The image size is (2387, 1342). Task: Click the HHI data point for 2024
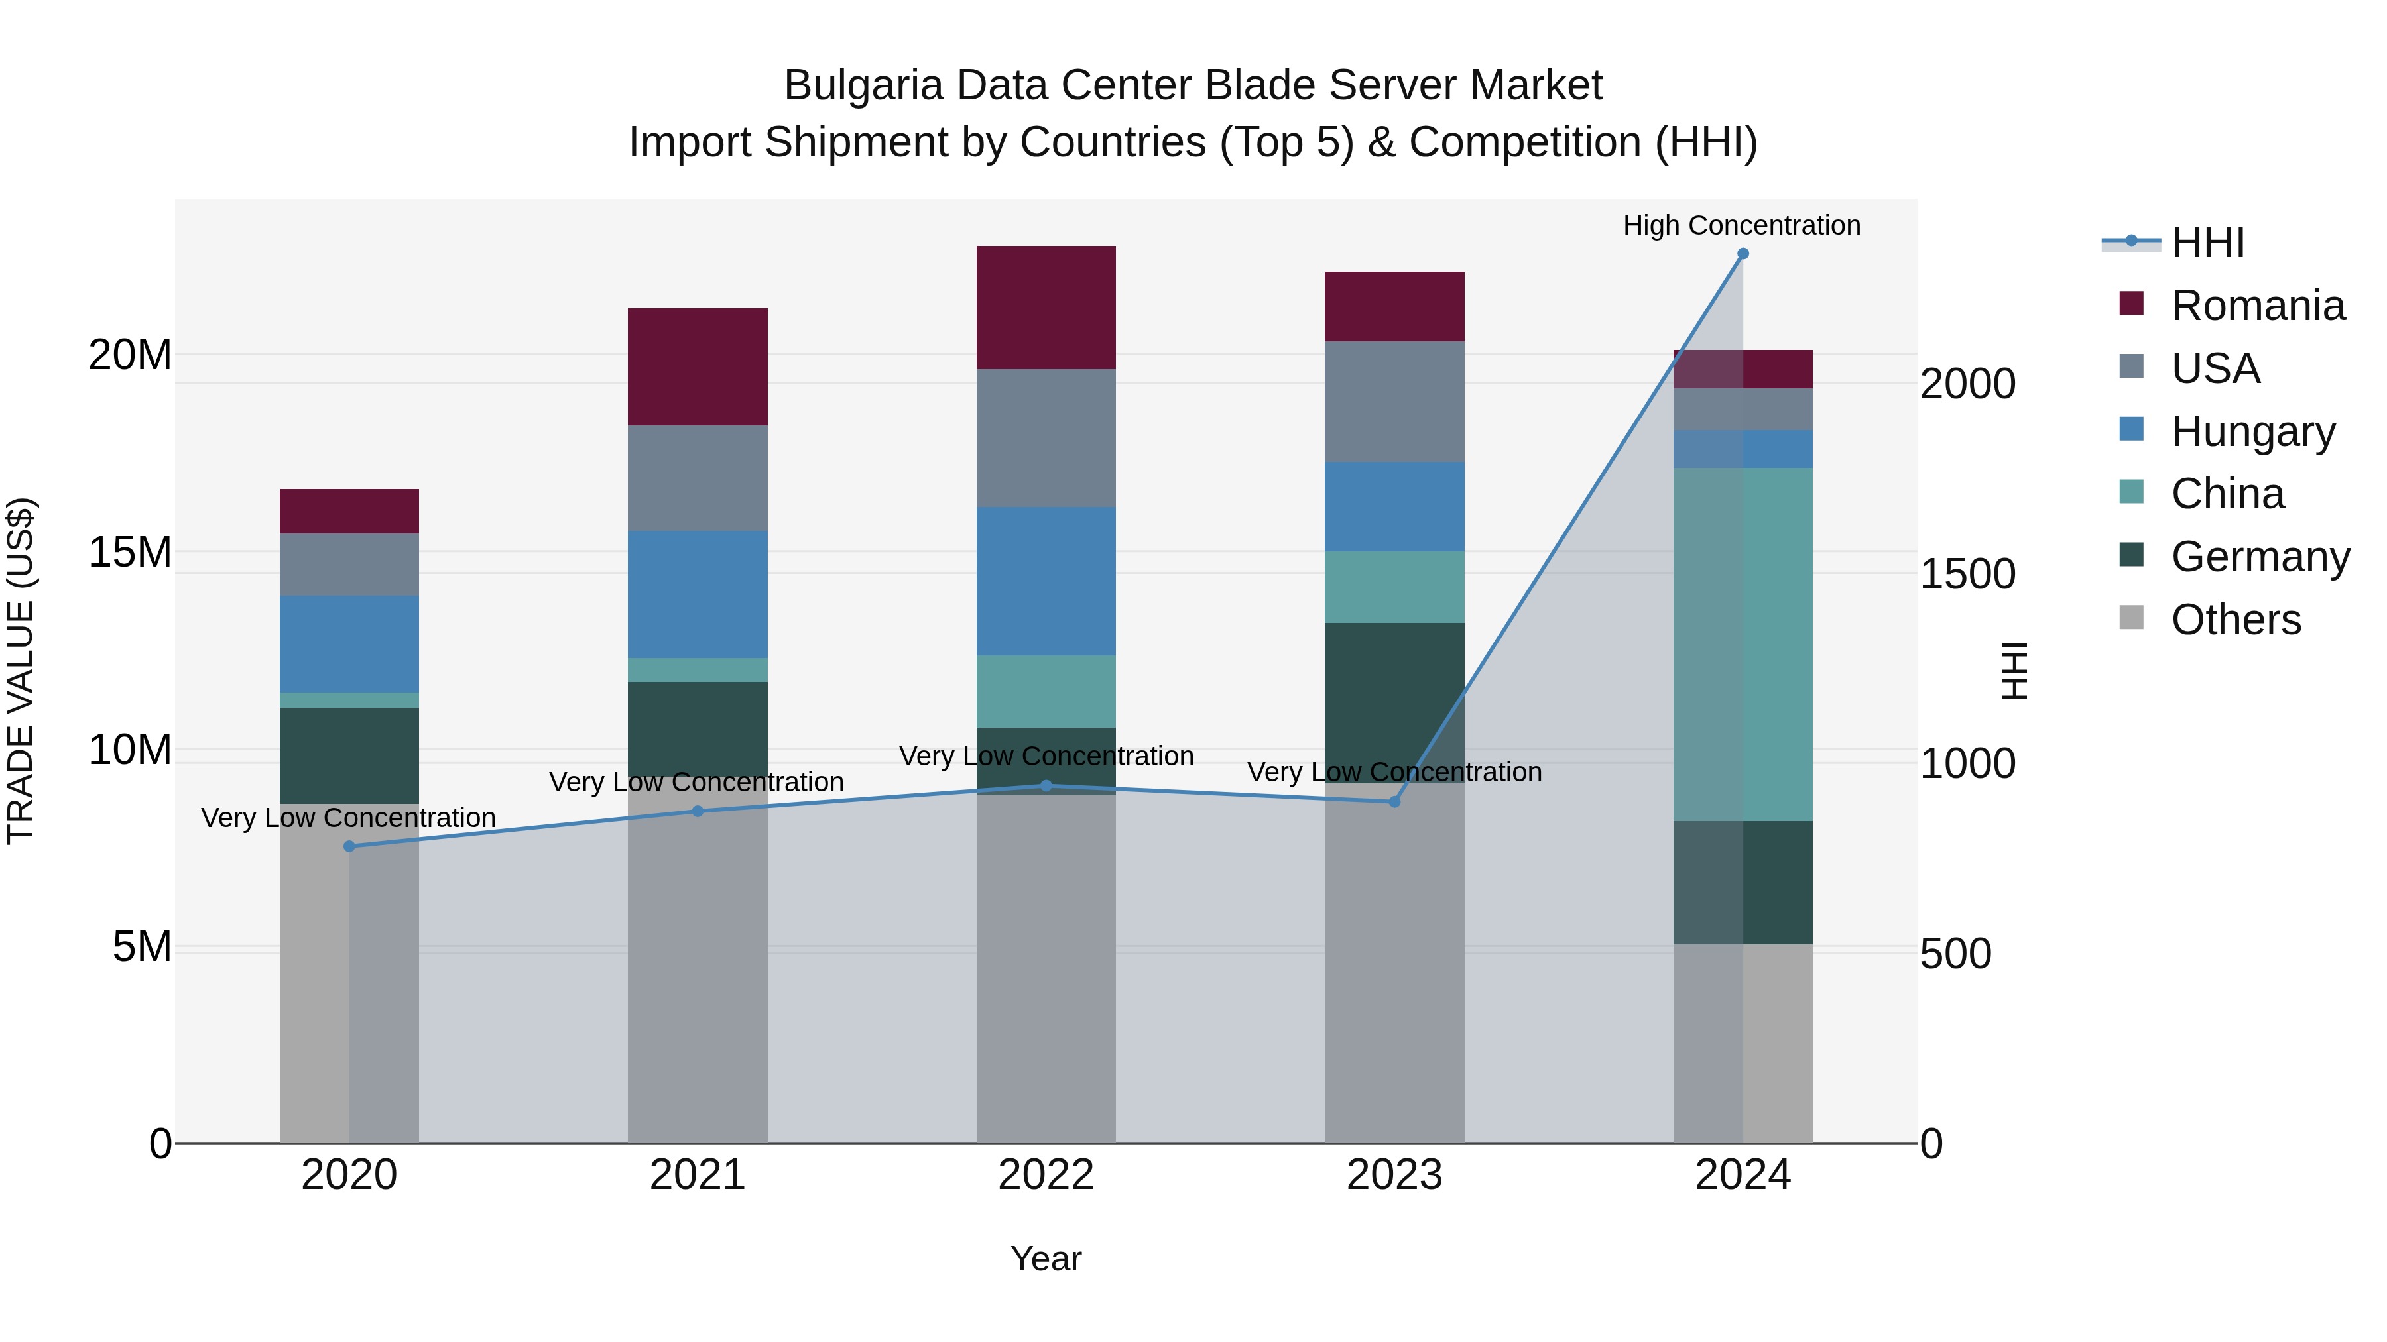pos(1742,254)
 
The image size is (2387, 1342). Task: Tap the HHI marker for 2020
pos(349,846)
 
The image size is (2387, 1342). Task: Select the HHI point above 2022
pos(1046,785)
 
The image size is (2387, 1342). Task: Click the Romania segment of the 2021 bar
pos(698,366)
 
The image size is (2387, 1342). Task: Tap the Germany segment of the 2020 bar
pos(349,755)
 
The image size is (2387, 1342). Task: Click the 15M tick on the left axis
pos(130,552)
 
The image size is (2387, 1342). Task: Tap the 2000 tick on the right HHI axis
pos(1967,384)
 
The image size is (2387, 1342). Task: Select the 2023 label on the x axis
pos(1394,1175)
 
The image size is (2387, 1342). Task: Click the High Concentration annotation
pos(1741,225)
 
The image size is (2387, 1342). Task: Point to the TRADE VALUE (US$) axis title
pos(21,671)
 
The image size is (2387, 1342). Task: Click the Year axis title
pos(1046,1258)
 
